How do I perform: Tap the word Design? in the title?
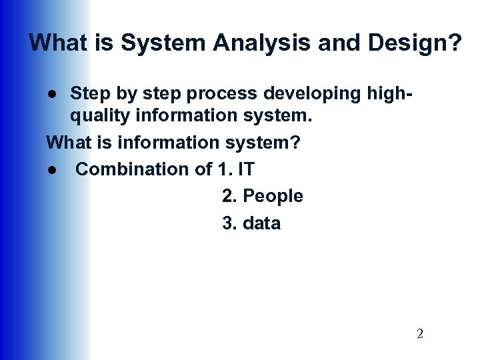(x=421, y=43)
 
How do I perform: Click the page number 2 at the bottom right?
(x=419, y=334)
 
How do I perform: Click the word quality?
(x=97, y=116)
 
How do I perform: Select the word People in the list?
(x=273, y=196)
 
